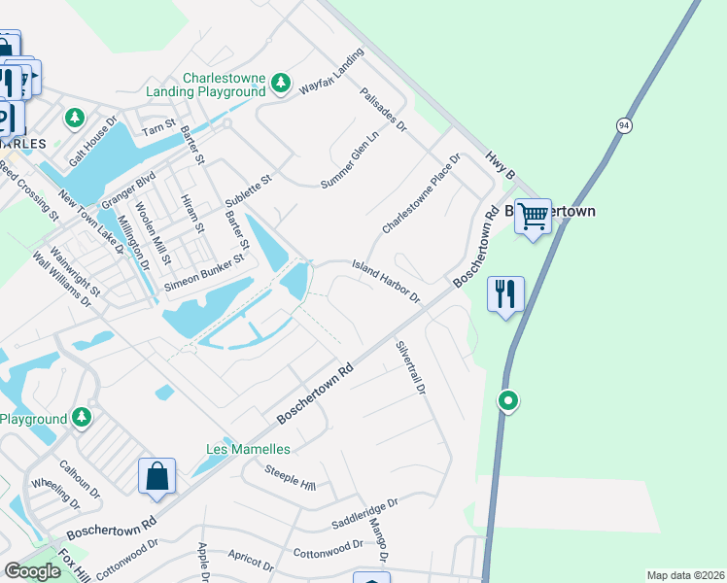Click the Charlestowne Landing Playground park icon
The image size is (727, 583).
coord(281,84)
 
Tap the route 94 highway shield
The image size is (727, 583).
coord(623,125)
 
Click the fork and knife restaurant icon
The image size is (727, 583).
coord(505,293)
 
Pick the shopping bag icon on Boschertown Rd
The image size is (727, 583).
coord(156,476)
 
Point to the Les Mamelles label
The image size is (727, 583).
coord(248,449)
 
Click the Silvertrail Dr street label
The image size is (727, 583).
coord(410,366)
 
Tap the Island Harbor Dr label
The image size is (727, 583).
coord(385,280)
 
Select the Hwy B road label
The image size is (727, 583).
coord(498,163)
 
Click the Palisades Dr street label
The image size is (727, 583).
coord(383,108)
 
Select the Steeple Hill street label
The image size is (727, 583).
coord(291,477)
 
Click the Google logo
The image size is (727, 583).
coord(32,571)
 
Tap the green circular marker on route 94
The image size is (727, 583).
coord(507,400)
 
